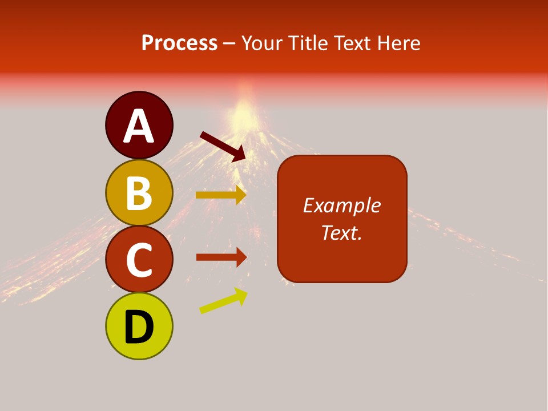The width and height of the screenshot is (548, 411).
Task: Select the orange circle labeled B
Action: [139, 193]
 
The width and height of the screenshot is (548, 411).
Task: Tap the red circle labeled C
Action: [139, 259]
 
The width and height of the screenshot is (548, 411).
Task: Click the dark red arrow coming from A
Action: [223, 146]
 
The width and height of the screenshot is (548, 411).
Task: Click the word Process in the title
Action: [179, 43]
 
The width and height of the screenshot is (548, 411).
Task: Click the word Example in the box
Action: [341, 205]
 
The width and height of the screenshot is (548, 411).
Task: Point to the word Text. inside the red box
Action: [341, 232]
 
